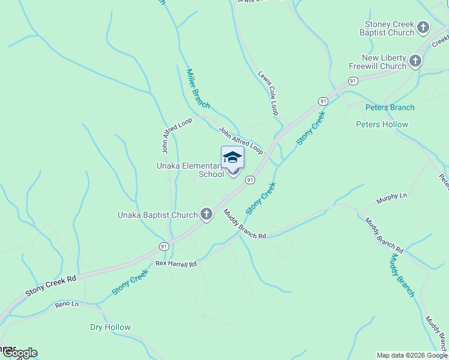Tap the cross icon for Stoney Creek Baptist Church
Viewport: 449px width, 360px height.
pos(423,28)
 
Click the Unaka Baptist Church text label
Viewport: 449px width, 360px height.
pos(158,215)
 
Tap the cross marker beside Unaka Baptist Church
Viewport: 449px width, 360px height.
pos(206,214)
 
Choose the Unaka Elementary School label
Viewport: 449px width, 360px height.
pos(190,170)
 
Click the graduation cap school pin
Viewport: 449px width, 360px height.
pos(232,158)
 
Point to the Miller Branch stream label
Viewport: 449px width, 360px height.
pos(197,89)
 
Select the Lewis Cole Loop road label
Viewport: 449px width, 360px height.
pos(268,94)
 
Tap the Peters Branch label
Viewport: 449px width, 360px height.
pos(390,107)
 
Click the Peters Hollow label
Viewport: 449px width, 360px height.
pos(382,125)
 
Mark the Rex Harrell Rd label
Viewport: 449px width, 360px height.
pos(176,263)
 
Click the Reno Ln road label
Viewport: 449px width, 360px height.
pos(67,305)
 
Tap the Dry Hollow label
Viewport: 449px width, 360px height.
pos(110,327)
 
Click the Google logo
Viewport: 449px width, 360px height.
pos(19,353)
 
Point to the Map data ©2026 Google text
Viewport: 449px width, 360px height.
pos(411,355)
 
